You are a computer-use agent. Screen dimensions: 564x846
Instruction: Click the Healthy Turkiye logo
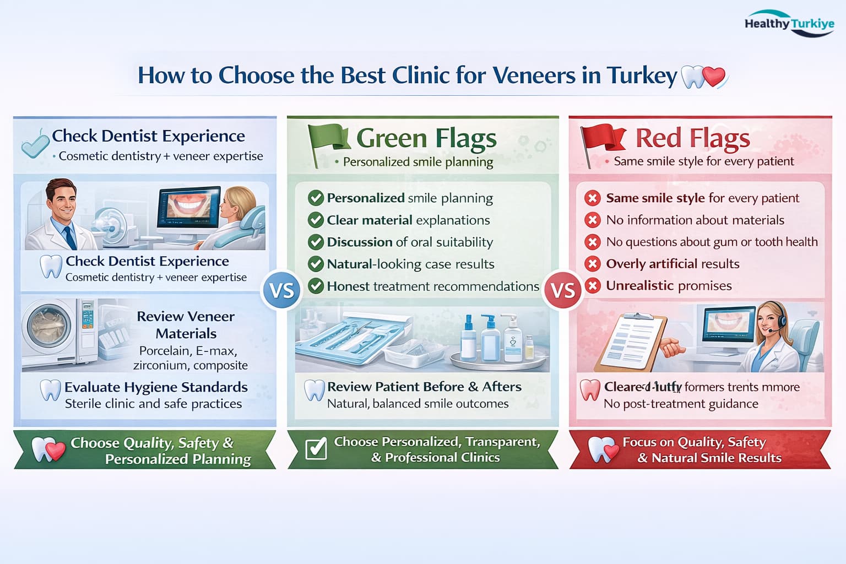click(x=789, y=24)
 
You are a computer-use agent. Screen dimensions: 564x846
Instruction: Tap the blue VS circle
click(x=282, y=290)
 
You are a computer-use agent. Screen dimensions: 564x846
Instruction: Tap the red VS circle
click(x=563, y=290)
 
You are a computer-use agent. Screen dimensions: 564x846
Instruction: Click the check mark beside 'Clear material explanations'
click(x=316, y=220)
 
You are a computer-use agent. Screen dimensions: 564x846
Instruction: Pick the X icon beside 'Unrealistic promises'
click(x=593, y=286)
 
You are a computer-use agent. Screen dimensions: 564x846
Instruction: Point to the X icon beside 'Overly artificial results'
click(x=593, y=264)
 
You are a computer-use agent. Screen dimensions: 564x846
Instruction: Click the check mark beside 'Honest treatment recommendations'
click(x=316, y=286)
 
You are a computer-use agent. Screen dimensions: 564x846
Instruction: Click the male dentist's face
click(x=60, y=200)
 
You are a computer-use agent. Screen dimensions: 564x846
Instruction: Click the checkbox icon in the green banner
click(x=316, y=449)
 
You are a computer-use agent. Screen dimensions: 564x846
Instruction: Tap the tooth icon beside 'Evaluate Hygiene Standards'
click(x=51, y=390)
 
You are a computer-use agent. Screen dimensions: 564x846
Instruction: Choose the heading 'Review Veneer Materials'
click(x=186, y=324)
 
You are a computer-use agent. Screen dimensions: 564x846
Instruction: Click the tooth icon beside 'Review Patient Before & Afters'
click(x=314, y=390)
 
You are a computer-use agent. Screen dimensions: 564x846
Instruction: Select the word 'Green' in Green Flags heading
click(x=391, y=138)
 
